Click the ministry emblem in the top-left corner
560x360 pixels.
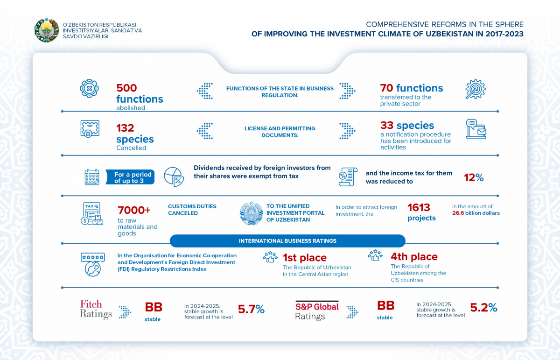47,30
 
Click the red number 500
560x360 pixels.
126,88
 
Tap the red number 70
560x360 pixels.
386,88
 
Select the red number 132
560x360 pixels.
125,128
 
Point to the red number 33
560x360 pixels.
386,126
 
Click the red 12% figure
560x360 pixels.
473,177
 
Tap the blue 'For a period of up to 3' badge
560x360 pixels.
133,177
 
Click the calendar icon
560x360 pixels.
92,177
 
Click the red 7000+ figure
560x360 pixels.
134,210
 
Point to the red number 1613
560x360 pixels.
419,207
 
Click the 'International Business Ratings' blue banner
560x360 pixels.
287,241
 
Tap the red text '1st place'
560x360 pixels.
304,258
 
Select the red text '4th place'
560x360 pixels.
414,256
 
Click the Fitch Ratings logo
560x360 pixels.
96,310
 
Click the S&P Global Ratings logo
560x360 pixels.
317,311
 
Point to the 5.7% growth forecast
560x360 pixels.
251,309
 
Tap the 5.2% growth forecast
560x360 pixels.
483,308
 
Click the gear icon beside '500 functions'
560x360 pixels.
89,89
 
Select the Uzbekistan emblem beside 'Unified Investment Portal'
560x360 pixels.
251,213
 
